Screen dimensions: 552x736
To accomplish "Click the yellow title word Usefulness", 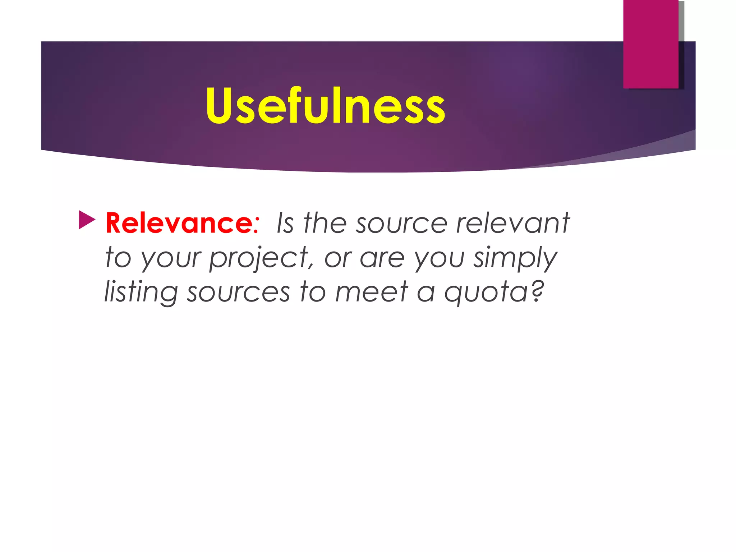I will point(325,106).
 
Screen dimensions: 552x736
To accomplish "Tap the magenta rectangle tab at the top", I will point(650,44).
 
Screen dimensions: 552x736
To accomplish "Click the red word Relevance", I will point(180,224).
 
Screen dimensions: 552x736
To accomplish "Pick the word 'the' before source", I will point(325,224).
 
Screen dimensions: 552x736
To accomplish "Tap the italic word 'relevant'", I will point(513,224).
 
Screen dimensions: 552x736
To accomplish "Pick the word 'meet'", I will point(372,292).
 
